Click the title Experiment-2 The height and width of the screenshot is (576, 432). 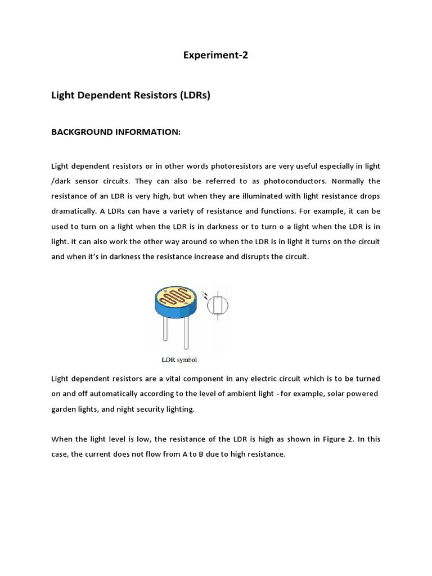pos(215,56)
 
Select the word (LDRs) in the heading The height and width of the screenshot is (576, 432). pos(195,96)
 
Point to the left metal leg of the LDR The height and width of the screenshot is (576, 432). pos(165,332)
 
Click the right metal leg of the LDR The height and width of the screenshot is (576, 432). pos(186,334)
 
